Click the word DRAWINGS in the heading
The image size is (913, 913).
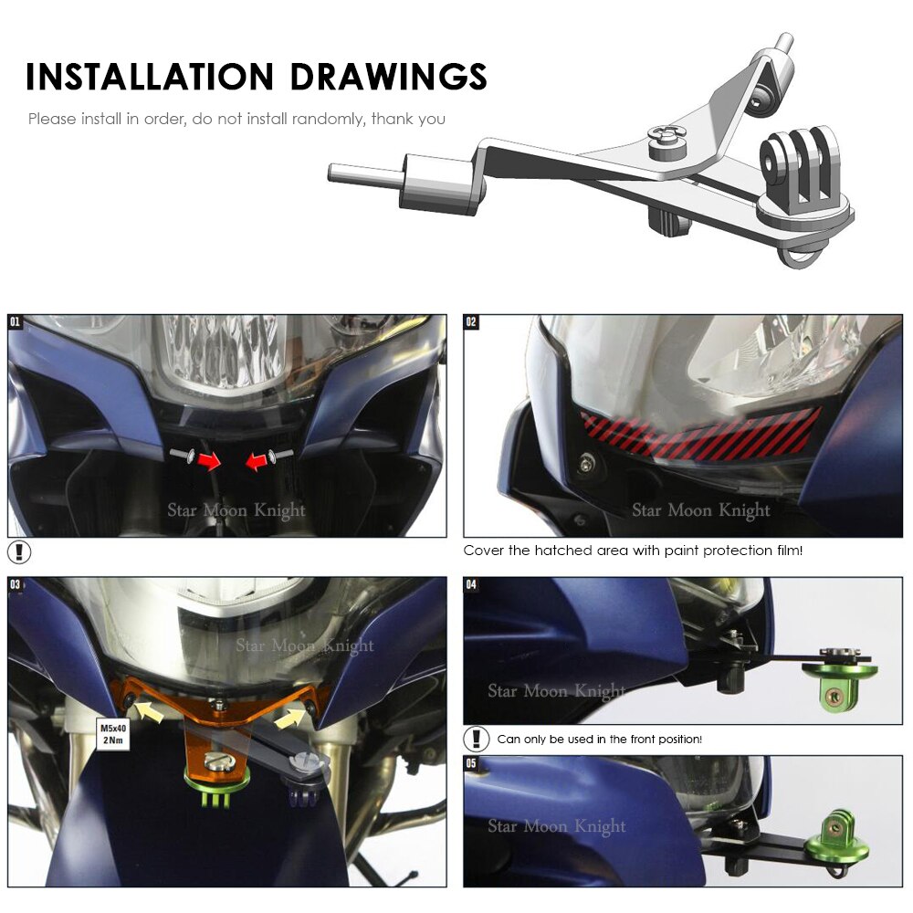[389, 77]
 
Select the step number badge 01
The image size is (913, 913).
[16, 321]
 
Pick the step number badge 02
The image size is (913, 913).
[471, 321]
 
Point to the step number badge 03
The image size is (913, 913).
[16, 583]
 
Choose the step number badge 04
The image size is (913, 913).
[471, 583]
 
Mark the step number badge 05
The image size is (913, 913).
[471, 761]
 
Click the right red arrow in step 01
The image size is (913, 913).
[258, 463]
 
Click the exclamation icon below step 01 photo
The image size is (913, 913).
[19, 552]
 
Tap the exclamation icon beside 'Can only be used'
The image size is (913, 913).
[477, 739]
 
